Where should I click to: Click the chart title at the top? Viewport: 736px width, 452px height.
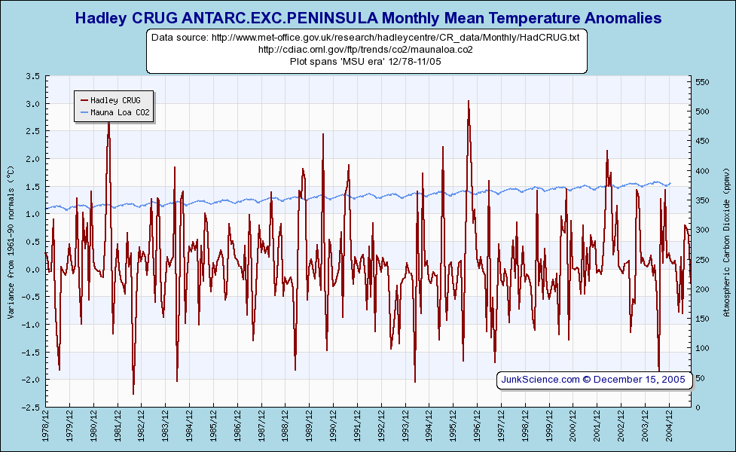(368, 18)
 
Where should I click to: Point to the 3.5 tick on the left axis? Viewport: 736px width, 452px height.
(32, 76)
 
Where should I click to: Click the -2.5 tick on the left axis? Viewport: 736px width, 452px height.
(31, 408)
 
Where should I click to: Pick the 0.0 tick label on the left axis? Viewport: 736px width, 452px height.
(32, 270)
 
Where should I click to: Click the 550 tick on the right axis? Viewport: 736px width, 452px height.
(703, 82)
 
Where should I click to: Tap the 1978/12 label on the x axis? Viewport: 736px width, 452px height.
(46, 428)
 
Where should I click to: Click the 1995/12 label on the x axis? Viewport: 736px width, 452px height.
(453, 428)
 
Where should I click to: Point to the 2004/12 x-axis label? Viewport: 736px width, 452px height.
(668, 428)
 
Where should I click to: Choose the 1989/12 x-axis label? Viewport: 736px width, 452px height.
(309, 428)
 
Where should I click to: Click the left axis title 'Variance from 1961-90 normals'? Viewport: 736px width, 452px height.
(11, 241)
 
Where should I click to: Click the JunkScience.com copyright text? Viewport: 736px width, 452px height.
(593, 380)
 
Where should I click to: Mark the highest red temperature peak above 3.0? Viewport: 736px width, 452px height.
(468, 101)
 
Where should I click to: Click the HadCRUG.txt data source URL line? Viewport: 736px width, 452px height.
(365, 37)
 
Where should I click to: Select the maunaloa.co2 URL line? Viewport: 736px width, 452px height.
(365, 50)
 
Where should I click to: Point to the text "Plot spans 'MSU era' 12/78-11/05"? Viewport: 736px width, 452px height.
(365, 62)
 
